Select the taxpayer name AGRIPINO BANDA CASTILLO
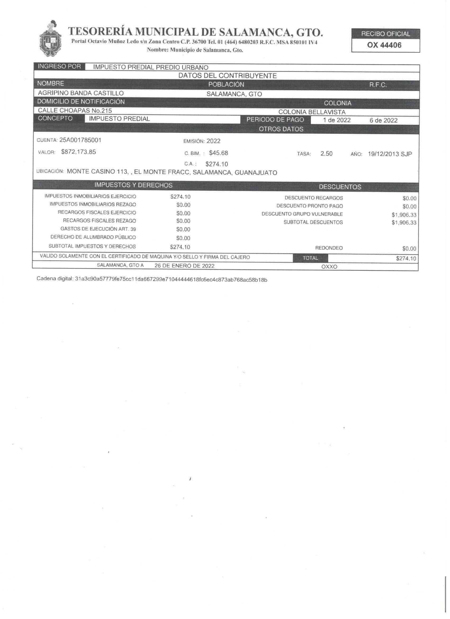pyautogui.click(x=81, y=93)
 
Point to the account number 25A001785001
pyautogui.click(x=80, y=140)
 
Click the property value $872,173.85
pyautogui.click(x=79, y=152)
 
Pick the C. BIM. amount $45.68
pyautogui.click(x=218, y=153)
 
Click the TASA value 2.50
pyautogui.click(x=326, y=154)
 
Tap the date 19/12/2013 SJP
pyautogui.click(x=390, y=154)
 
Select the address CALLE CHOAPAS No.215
pyautogui.click(x=75, y=111)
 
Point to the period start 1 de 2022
pyautogui.click(x=337, y=120)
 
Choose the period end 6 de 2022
pyautogui.click(x=383, y=120)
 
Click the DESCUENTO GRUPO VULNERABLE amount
pyautogui.click(x=404, y=215)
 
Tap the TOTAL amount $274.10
pyautogui.click(x=406, y=258)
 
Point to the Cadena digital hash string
pyautogui.click(x=171, y=280)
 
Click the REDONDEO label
pyautogui.click(x=329, y=248)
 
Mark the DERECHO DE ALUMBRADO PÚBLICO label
pyautogui.click(x=93, y=237)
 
